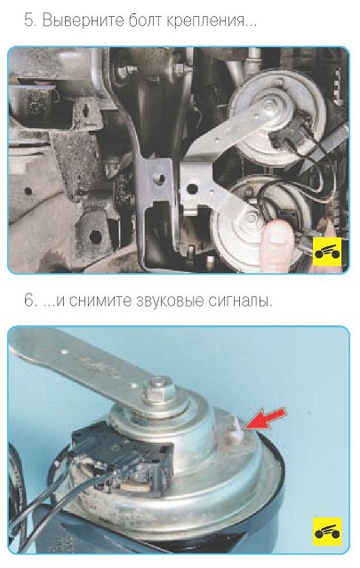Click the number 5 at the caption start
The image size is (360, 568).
(30, 20)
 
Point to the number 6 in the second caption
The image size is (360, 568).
(30, 300)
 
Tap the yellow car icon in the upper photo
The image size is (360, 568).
(327, 252)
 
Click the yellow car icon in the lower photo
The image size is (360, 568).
(327, 532)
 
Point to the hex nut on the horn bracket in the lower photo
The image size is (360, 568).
(158, 389)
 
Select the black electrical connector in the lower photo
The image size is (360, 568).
(124, 452)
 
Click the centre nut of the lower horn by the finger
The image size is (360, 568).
(250, 219)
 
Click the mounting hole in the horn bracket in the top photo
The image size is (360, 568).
(192, 188)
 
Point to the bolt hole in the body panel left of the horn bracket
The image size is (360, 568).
(158, 179)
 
